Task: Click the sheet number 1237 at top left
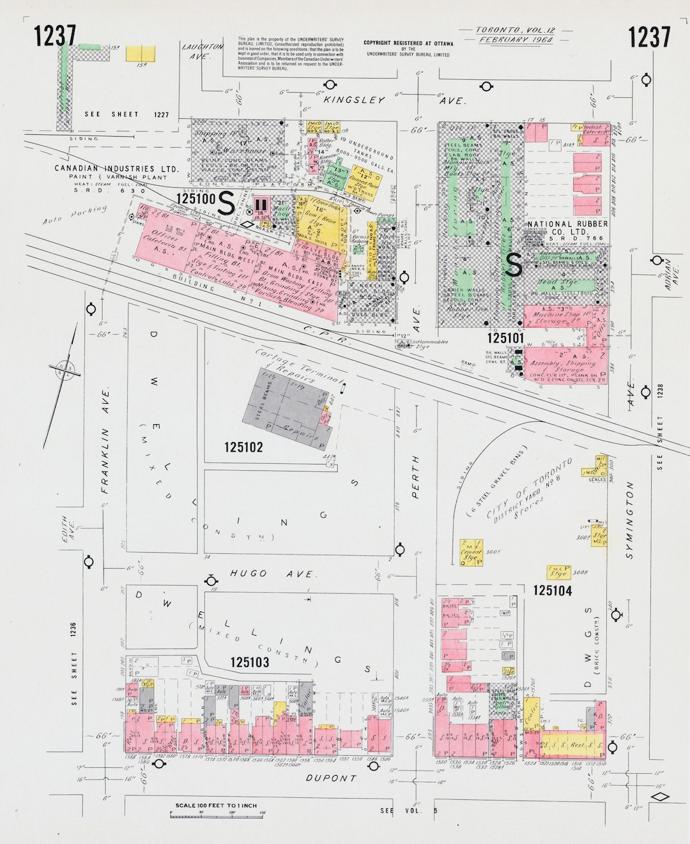56,36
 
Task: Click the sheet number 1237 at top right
649,37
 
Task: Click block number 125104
553,591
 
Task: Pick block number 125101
506,337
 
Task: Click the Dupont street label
330,778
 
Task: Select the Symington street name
629,521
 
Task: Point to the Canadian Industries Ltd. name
116,169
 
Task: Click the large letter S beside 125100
226,203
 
